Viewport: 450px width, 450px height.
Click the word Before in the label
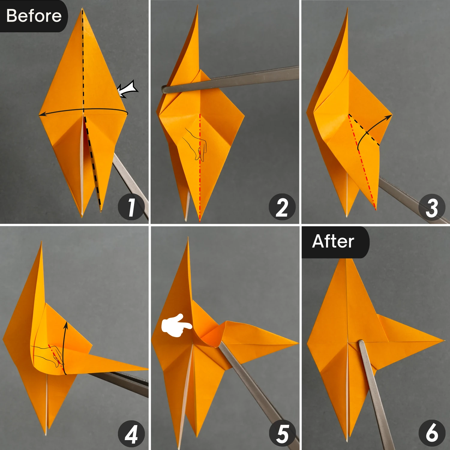click(x=34, y=16)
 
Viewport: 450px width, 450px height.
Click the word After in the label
click(x=333, y=241)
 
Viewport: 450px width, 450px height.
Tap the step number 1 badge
click(x=131, y=207)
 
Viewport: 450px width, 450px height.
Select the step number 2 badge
click(x=282, y=207)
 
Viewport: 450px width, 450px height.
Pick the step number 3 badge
click(x=432, y=207)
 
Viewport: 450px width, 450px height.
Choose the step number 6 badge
click(x=432, y=433)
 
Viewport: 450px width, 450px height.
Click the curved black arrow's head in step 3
click(x=389, y=116)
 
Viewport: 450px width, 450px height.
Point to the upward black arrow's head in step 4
click(x=66, y=324)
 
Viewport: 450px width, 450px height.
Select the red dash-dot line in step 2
click(x=200, y=168)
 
